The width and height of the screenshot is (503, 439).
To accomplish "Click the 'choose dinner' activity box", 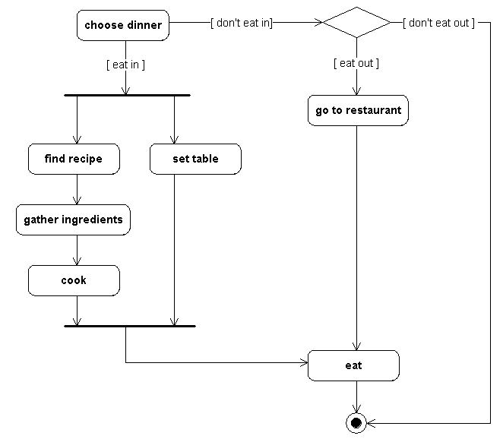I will click(122, 25).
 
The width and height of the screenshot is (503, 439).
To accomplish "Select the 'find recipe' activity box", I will click(74, 159).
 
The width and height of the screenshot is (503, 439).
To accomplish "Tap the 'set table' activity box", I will click(195, 159).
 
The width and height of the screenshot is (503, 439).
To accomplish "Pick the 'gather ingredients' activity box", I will click(73, 219).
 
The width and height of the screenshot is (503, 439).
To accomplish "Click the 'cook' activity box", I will click(74, 280).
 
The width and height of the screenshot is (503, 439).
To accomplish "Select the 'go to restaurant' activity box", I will click(358, 110).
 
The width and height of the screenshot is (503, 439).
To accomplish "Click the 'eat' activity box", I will click(353, 365).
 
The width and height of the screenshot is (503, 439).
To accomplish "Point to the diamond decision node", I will click(356, 23).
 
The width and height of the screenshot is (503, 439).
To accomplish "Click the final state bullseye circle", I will click(356, 422).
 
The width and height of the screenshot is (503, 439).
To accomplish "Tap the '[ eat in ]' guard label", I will click(125, 65).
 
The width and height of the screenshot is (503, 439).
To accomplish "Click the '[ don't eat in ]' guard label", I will click(241, 23).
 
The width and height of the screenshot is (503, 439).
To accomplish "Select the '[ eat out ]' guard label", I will click(356, 63).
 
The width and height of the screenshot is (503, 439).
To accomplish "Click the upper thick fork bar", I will click(127, 96).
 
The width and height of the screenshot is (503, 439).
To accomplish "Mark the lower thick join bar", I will click(130, 326).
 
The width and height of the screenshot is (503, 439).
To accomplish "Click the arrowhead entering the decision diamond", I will click(318, 23).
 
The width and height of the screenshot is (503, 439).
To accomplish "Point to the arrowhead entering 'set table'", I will click(175, 139).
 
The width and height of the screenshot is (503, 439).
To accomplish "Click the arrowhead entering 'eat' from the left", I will click(302, 362).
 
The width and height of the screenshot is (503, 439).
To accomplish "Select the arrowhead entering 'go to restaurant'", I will click(356, 90).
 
